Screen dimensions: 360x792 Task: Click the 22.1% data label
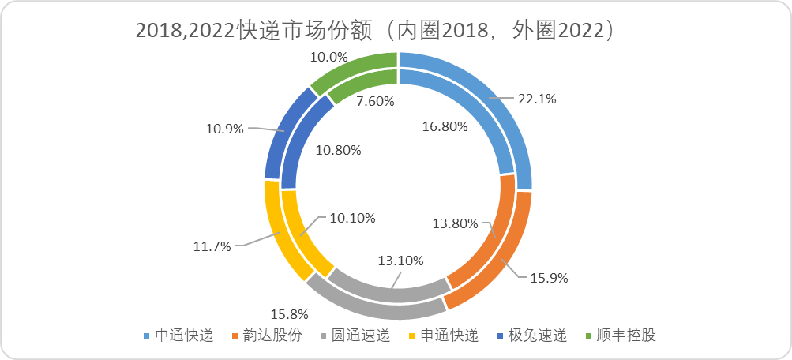tap(537, 99)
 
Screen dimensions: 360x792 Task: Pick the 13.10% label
tap(400, 260)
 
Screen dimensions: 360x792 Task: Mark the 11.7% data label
tap(212, 246)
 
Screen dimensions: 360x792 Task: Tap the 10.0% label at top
tap(328, 57)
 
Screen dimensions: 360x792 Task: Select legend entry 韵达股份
tap(272, 335)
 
